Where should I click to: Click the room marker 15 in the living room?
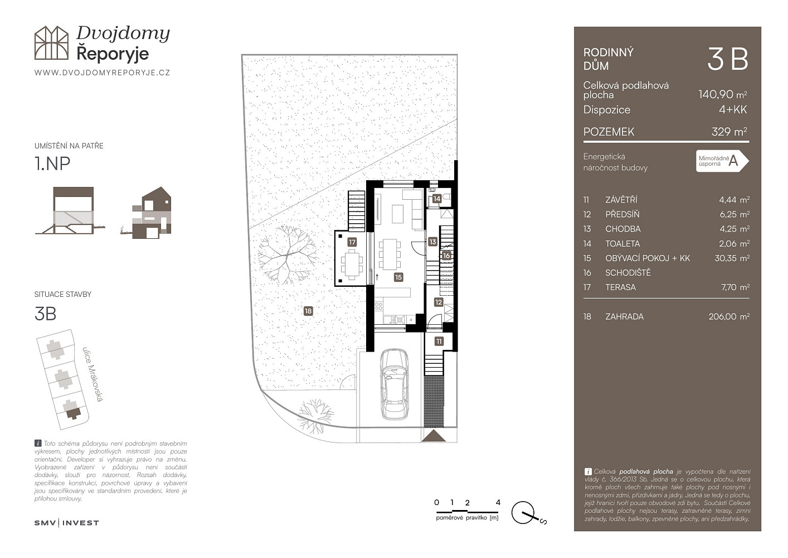(398, 277)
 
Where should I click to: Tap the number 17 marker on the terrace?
(352, 242)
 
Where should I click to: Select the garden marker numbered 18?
(308, 311)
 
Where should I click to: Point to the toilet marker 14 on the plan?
(436, 199)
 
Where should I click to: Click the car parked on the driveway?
(395, 384)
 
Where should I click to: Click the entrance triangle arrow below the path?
(434, 436)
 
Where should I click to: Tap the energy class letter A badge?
(722, 161)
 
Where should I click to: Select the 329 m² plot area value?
(729, 132)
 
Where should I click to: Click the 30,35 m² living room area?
(732, 258)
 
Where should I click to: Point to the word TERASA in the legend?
(621, 287)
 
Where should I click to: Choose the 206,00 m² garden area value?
(729, 317)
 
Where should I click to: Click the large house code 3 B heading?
(727, 59)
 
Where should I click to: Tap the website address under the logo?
(103, 73)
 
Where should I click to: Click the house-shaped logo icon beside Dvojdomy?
(51, 42)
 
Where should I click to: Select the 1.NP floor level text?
(52, 163)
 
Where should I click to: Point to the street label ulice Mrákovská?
(93, 374)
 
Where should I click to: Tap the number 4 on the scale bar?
(498, 502)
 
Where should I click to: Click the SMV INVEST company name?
(66, 523)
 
